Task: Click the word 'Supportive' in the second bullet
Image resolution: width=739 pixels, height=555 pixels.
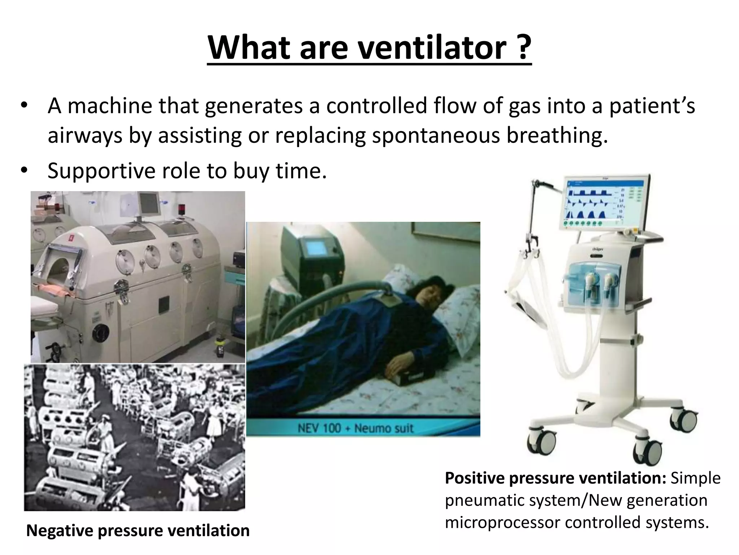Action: pos(101,171)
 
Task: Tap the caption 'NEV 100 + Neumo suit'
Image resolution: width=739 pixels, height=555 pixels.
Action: pos(355,429)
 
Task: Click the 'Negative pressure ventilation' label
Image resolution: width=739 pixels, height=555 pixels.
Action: pos(138,530)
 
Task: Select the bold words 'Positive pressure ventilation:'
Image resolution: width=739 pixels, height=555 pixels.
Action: pos(555,478)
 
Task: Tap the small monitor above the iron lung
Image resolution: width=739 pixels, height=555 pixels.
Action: pos(148,203)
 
